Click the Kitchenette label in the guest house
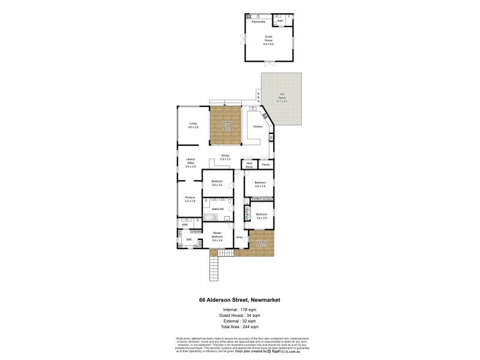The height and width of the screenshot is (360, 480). [x=259, y=22]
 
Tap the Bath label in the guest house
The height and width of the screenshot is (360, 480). [x=280, y=21]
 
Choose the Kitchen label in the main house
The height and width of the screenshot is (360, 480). [x=257, y=127]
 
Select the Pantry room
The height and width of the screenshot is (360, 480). [x=265, y=164]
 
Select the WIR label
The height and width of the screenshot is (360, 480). [x=188, y=239]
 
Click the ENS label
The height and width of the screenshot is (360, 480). [x=185, y=224]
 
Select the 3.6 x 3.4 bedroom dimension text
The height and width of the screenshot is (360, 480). [x=260, y=187]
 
